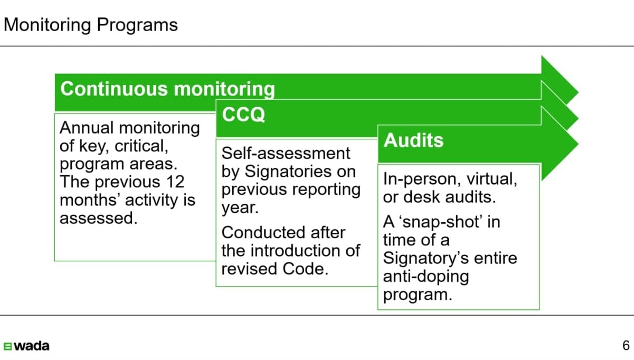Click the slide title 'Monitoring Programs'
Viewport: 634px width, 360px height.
[x=91, y=25]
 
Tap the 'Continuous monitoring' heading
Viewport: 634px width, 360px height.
[x=167, y=89]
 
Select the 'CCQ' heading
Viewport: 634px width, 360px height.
[x=243, y=115]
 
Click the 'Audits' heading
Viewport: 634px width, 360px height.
[x=413, y=140]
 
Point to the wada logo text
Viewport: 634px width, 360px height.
[x=32, y=346]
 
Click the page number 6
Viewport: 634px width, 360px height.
[x=626, y=346]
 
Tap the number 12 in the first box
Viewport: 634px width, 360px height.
[x=175, y=182]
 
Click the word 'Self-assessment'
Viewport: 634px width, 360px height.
[x=286, y=154]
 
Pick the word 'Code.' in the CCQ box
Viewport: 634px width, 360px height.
[x=306, y=269]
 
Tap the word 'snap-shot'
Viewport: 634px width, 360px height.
[x=442, y=222]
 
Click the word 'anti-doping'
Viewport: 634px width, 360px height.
[x=426, y=277]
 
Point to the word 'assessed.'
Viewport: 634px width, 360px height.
[x=99, y=218]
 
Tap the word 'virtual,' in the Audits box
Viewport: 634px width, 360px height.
[x=492, y=179]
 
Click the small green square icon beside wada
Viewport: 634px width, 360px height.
[x=7, y=346]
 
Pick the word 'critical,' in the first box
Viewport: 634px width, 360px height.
[x=141, y=146]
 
